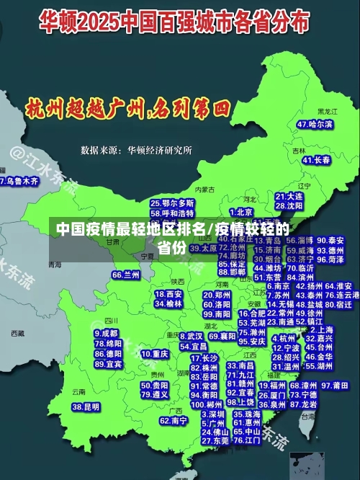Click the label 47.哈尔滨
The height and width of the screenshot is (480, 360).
tap(315, 125)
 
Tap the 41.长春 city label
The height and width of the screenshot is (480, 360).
tap(316, 160)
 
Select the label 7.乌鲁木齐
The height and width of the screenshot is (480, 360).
tap(19, 182)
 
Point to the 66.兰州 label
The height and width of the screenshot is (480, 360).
tap(126, 275)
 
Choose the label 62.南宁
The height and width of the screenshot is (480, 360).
tap(174, 420)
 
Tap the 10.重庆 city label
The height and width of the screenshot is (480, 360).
tap(155, 355)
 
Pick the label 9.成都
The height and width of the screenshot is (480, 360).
tap(106, 334)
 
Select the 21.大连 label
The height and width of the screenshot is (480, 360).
tap(289, 196)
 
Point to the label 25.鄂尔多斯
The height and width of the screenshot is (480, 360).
tap(172, 204)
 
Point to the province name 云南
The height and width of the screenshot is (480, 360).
tap(78, 392)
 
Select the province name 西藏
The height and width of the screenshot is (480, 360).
tap(17, 334)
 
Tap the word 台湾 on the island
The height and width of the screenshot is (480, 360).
tap(307, 416)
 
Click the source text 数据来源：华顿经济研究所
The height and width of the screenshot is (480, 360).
tap(136, 151)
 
